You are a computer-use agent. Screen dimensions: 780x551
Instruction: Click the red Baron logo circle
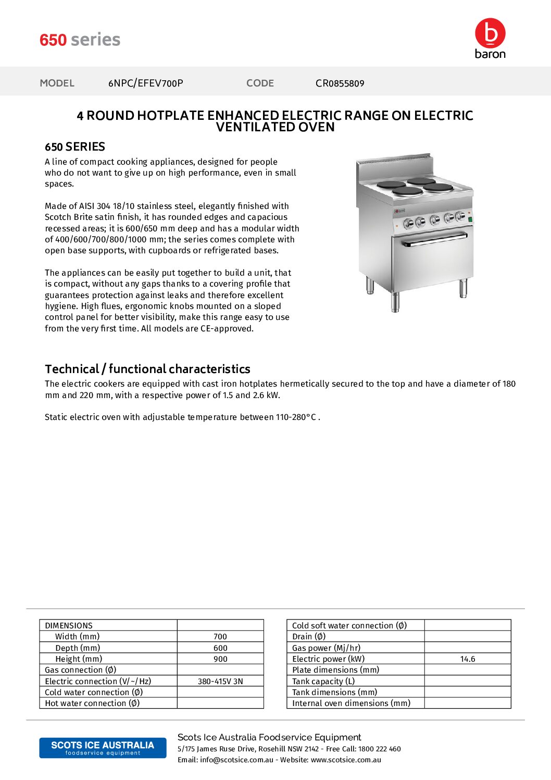[490, 33]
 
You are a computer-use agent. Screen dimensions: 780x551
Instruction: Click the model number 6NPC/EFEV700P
[146, 83]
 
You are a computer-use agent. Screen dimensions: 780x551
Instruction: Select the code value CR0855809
[340, 83]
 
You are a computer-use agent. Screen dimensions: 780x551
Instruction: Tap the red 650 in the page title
[53, 40]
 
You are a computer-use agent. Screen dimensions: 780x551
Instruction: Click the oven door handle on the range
[434, 240]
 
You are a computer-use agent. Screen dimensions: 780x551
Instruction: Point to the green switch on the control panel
[470, 219]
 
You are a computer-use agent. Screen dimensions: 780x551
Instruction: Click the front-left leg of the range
[395, 302]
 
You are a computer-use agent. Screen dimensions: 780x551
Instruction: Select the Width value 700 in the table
[220, 637]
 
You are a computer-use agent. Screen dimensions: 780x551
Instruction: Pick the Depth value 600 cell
[220, 648]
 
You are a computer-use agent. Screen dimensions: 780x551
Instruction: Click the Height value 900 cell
[220, 659]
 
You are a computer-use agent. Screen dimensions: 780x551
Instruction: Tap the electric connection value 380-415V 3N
[220, 682]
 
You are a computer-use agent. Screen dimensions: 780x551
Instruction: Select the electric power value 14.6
[468, 659]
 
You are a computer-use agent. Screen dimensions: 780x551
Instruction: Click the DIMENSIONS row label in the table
[69, 626]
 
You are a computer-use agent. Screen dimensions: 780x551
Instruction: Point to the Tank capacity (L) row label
[323, 682]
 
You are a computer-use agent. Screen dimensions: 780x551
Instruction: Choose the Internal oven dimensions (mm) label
[351, 703]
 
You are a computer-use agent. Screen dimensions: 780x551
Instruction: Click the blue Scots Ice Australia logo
[103, 748]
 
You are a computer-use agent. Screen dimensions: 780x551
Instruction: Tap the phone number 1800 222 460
[380, 749]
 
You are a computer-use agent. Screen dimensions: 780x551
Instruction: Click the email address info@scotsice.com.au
[236, 760]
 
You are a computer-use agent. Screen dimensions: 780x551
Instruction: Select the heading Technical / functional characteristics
[147, 369]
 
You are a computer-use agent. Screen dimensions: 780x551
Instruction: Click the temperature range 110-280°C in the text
[296, 417]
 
